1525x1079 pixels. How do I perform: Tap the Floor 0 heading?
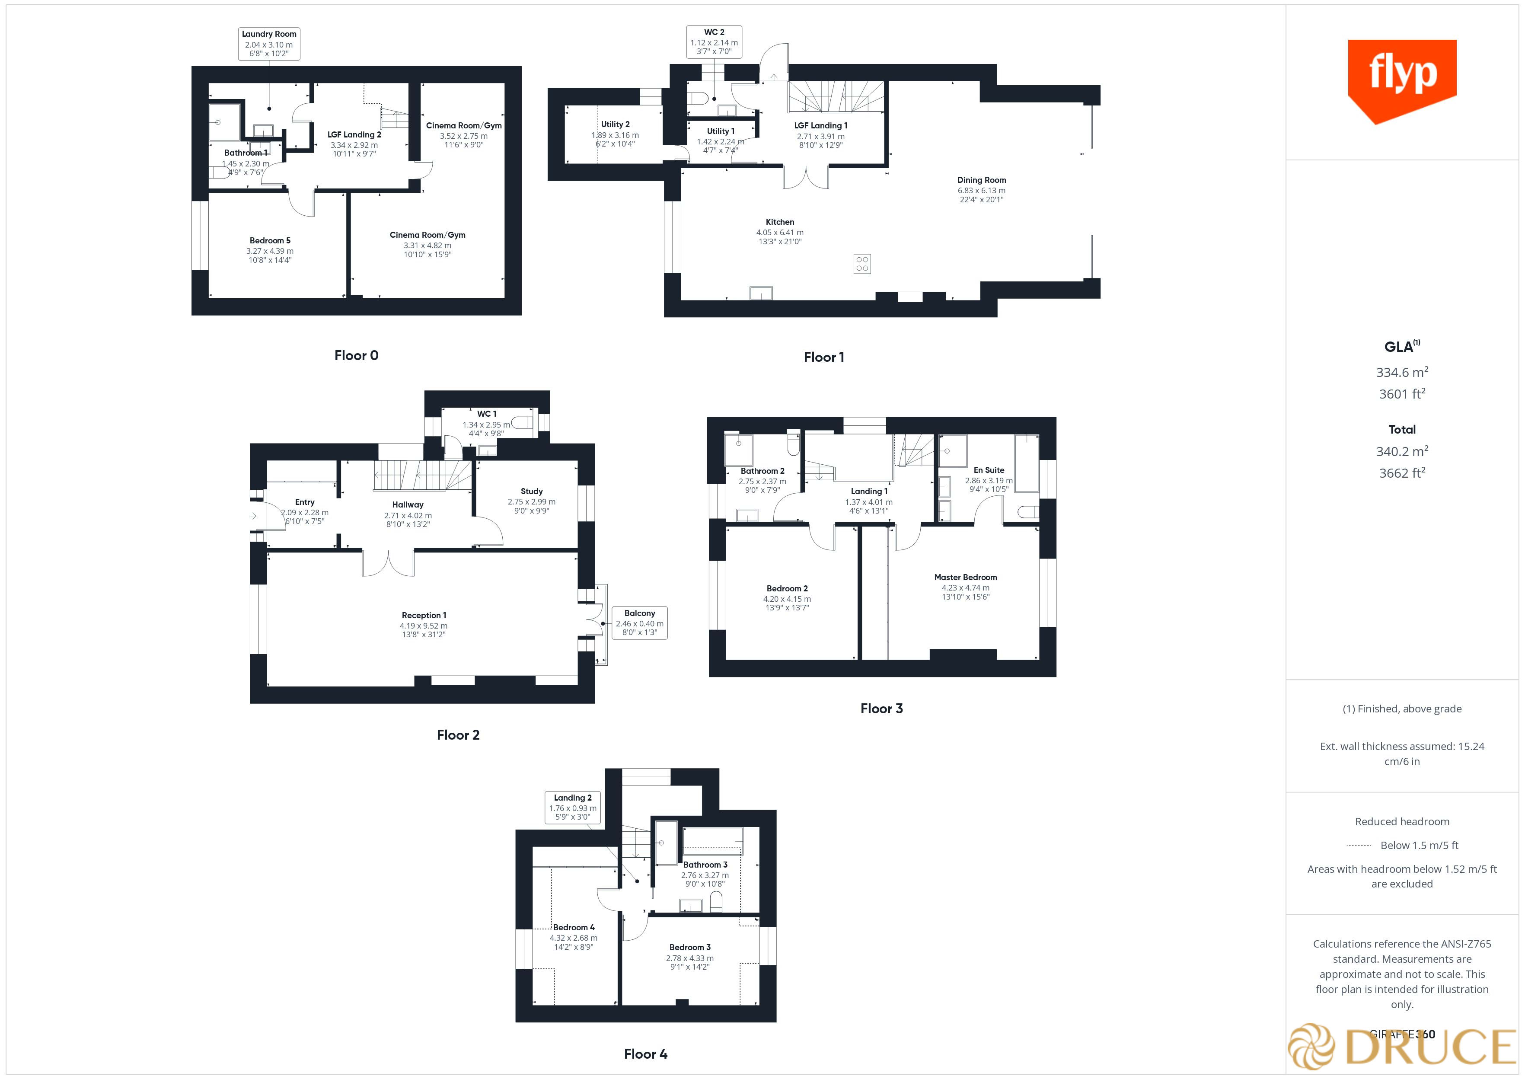coord(356,355)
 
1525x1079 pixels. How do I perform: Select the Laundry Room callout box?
coord(269,44)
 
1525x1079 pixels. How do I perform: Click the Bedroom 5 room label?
coord(270,250)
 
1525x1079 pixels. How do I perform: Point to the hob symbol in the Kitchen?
coord(861,264)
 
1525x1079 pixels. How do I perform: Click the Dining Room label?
coord(981,189)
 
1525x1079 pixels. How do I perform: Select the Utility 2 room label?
coord(615,134)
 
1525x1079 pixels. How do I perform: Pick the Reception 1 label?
coord(424,625)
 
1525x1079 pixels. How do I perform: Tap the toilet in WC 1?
coord(522,423)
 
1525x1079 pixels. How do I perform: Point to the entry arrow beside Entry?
coord(253,516)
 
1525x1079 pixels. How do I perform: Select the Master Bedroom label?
coord(965,587)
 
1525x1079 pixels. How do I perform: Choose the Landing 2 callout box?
coord(573,807)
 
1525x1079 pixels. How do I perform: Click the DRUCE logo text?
coord(1428,1047)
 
